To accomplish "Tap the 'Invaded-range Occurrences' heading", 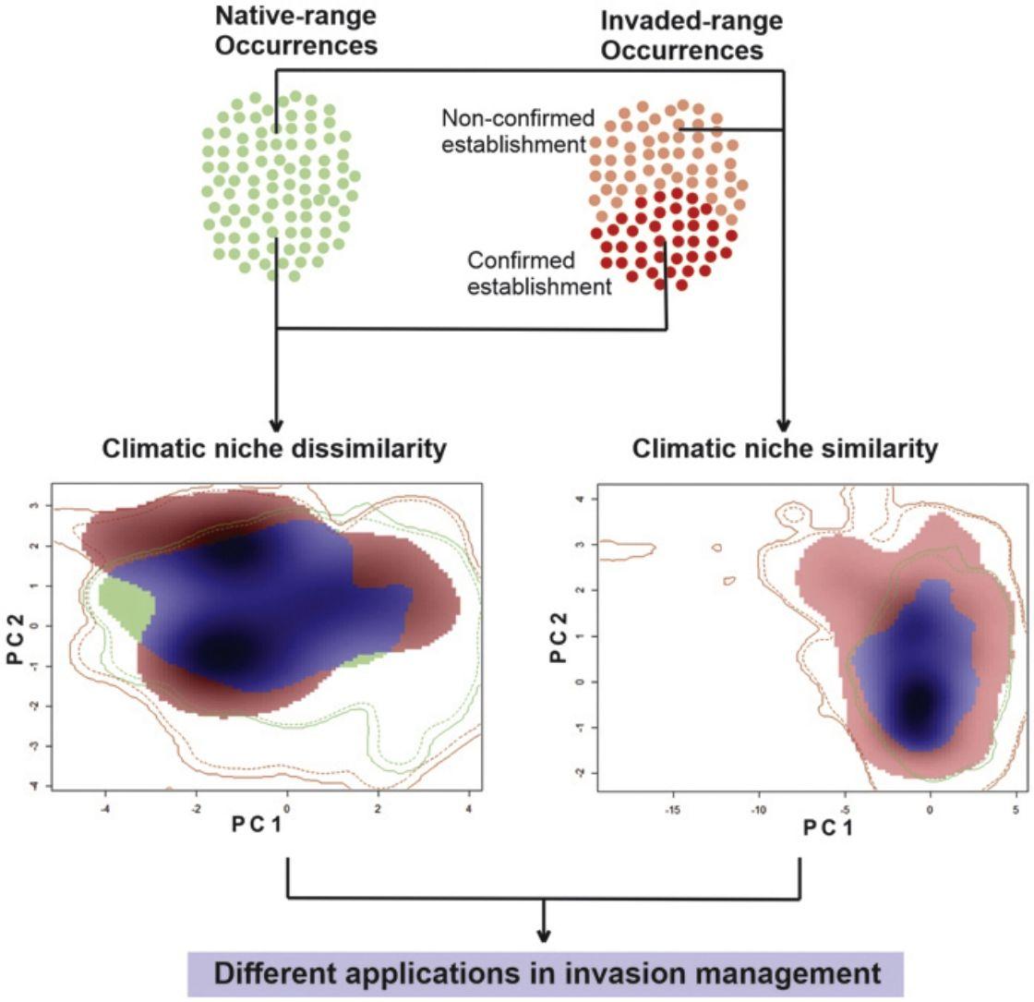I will [x=682, y=36].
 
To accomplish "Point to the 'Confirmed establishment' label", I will [x=539, y=273].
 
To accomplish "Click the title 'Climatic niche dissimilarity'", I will [x=275, y=449].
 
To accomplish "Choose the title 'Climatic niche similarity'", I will [x=785, y=449].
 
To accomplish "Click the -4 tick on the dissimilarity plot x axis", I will [x=105, y=803].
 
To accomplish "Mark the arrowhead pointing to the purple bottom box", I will [x=544, y=935].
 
